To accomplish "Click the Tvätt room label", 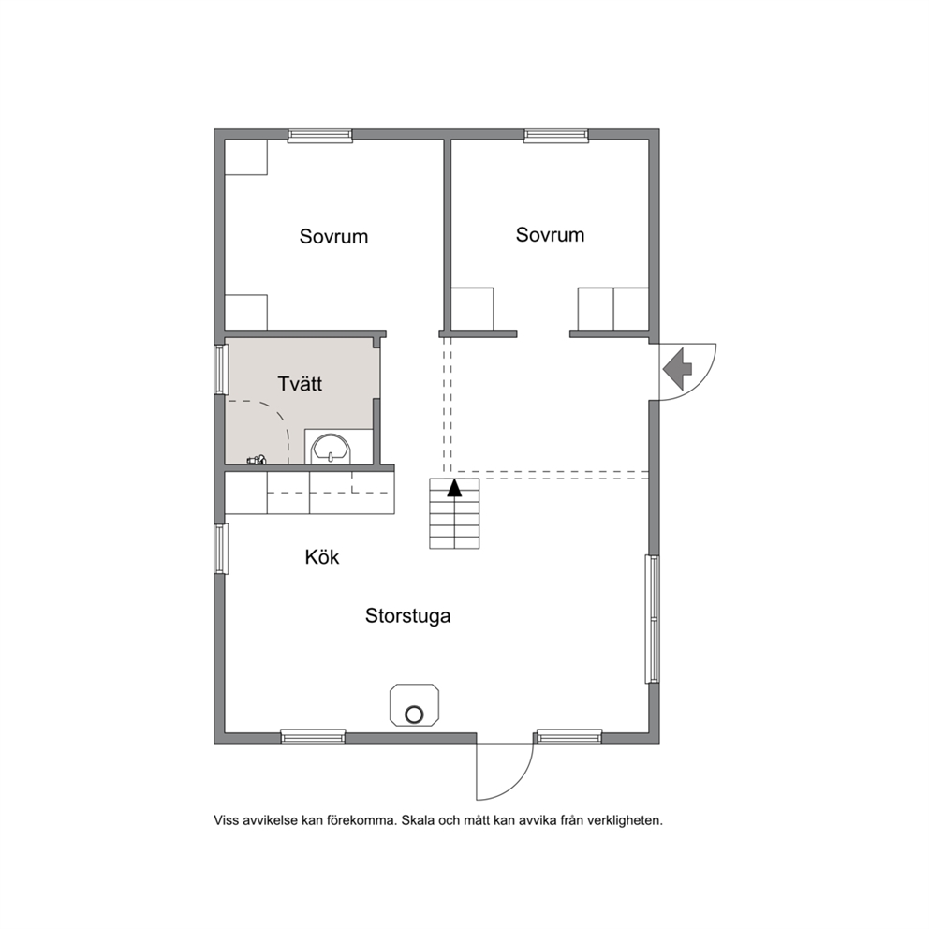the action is tap(300, 384).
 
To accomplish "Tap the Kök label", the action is tap(322, 557).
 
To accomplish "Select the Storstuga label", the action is tap(407, 616).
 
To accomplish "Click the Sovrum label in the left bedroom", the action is tap(333, 236).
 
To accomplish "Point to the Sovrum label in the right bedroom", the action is tap(550, 235).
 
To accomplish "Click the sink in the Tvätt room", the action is tap(332, 449).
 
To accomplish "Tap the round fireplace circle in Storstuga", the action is tap(414, 715).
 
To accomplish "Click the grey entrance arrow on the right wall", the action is tap(677, 369).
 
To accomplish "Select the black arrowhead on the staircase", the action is tap(454, 488).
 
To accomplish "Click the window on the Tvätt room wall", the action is tap(220, 369).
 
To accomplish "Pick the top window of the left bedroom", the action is tap(320, 136).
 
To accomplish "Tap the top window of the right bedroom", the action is tap(556, 136).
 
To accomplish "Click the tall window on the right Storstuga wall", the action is tap(652, 619).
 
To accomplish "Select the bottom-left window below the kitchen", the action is tap(313, 736).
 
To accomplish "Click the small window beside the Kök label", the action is tap(220, 549).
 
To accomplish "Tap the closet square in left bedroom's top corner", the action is tap(246, 157).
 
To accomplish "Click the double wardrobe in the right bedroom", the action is tap(612, 309).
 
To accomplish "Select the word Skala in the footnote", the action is tap(417, 820).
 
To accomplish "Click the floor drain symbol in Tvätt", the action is tap(257, 459).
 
